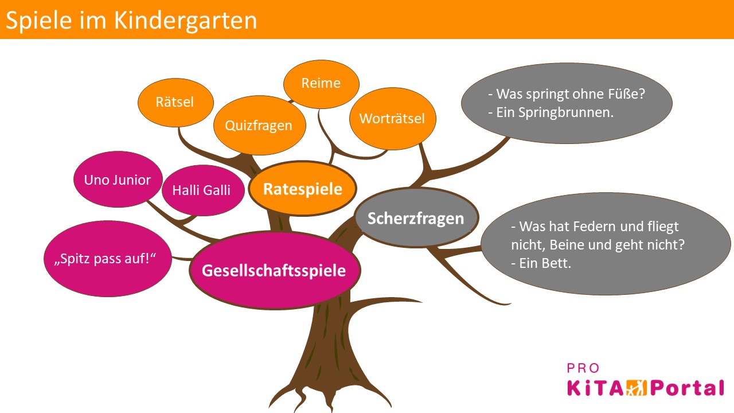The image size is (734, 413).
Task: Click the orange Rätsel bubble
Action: (x=175, y=102)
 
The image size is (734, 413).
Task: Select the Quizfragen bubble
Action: (x=259, y=126)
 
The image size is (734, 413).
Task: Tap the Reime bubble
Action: (x=321, y=84)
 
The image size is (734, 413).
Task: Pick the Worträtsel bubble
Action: (x=392, y=119)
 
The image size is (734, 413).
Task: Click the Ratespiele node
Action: (x=302, y=189)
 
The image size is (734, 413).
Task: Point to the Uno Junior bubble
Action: (x=118, y=180)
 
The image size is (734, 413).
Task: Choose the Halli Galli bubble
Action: (x=201, y=190)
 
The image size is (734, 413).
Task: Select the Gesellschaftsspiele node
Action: (x=275, y=270)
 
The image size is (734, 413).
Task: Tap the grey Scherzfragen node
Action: (x=416, y=219)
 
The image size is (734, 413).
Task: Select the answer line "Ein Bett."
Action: (x=541, y=264)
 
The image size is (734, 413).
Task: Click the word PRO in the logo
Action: (x=583, y=368)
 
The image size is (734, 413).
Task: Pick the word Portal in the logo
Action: (x=685, y=388)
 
